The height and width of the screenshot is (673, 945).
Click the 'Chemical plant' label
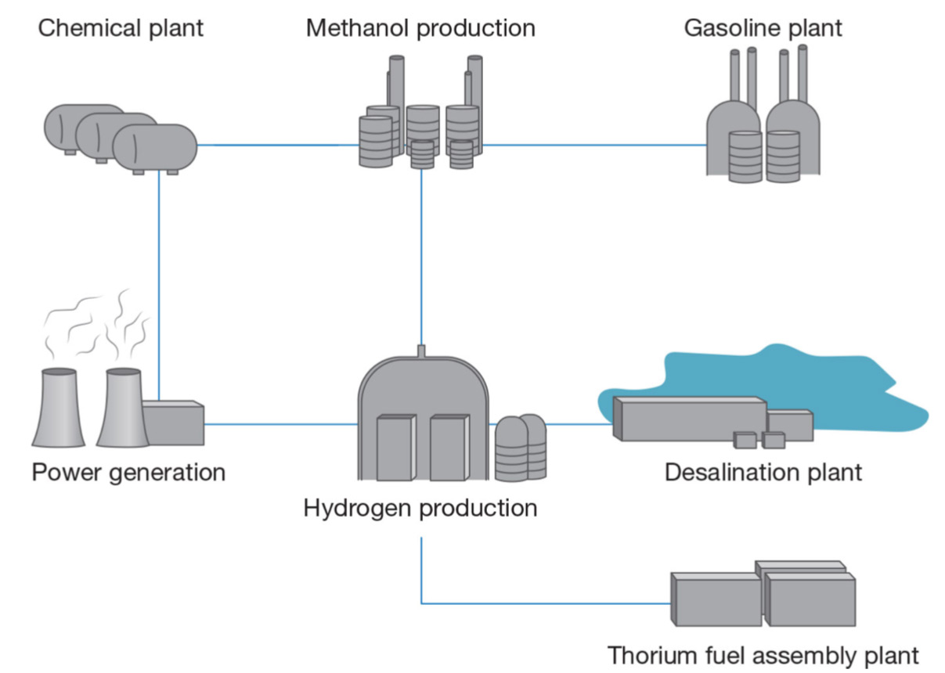[x=121, y=29]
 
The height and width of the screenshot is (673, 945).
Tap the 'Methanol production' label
[x=420, y=29]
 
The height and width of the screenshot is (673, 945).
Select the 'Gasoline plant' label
[x=763, y=29]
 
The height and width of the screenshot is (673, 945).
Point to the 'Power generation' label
[x=128, y=473]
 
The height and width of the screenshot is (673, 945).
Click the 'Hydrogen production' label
[x=420, y=508]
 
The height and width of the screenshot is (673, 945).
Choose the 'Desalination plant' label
[x=763, y=473]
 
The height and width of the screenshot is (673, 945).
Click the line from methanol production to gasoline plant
[x=595, y=145]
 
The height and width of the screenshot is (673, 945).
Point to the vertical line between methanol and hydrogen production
[x=421, y=258]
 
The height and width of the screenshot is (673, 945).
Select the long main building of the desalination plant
[x=689, y=419]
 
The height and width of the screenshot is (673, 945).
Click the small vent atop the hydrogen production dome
[x=421, y=350]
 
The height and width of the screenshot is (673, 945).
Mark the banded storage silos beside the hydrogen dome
[x=521, y=448]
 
